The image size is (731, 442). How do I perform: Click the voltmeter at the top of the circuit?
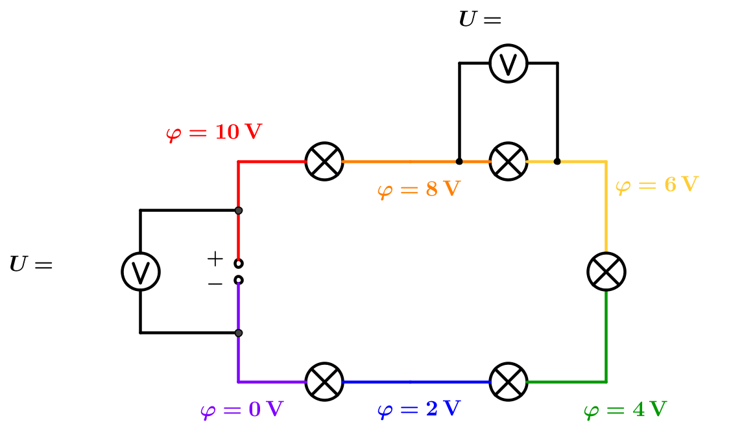pyautogui.click(x=509, y=64)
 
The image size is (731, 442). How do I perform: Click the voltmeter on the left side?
pyautogui.click(x=140, y=271)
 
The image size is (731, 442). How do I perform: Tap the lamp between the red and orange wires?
pyautogui.click(x=324, y=161)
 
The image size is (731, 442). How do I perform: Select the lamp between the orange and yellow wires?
pyautogui.click(x=509, y=161)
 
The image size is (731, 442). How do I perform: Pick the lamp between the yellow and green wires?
pyautogui.click(x=606, y=272)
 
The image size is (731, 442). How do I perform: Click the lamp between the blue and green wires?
pyautogui.click(x=509, y=382)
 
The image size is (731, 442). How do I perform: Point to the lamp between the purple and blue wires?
pyautogui.click(x=324, y=382)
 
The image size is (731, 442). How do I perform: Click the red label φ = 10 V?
pyautogui.click(x=214, y=133)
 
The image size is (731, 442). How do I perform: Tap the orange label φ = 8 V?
pyautogui.click(x=418, y=191)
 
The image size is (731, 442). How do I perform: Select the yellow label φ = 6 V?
pyautogui.click(x=656, y=185)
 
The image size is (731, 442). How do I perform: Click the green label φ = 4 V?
pyautogui.click(x=625, y=410)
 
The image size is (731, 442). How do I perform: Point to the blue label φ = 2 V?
pyautogui.click(x=418, y=410)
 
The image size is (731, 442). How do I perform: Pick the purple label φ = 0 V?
pyautogui.click(x=242, y=410)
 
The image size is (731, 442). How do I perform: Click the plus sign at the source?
pyautogui.click(x=215, y=259)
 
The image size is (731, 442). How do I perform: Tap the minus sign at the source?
pyautogui.click(x=215, y=283)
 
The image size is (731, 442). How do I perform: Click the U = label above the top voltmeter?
pyautogui.click(x=480, y=20)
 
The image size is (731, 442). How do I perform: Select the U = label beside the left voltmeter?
pyautogui.click(x=30, y=265)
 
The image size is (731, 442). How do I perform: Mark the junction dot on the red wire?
pyautogui.click(x=239, y=211)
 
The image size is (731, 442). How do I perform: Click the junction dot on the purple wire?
pyautogui.click(x=239, y=333)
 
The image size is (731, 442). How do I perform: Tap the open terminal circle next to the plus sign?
pyautogui.click(x=239, y=263)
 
